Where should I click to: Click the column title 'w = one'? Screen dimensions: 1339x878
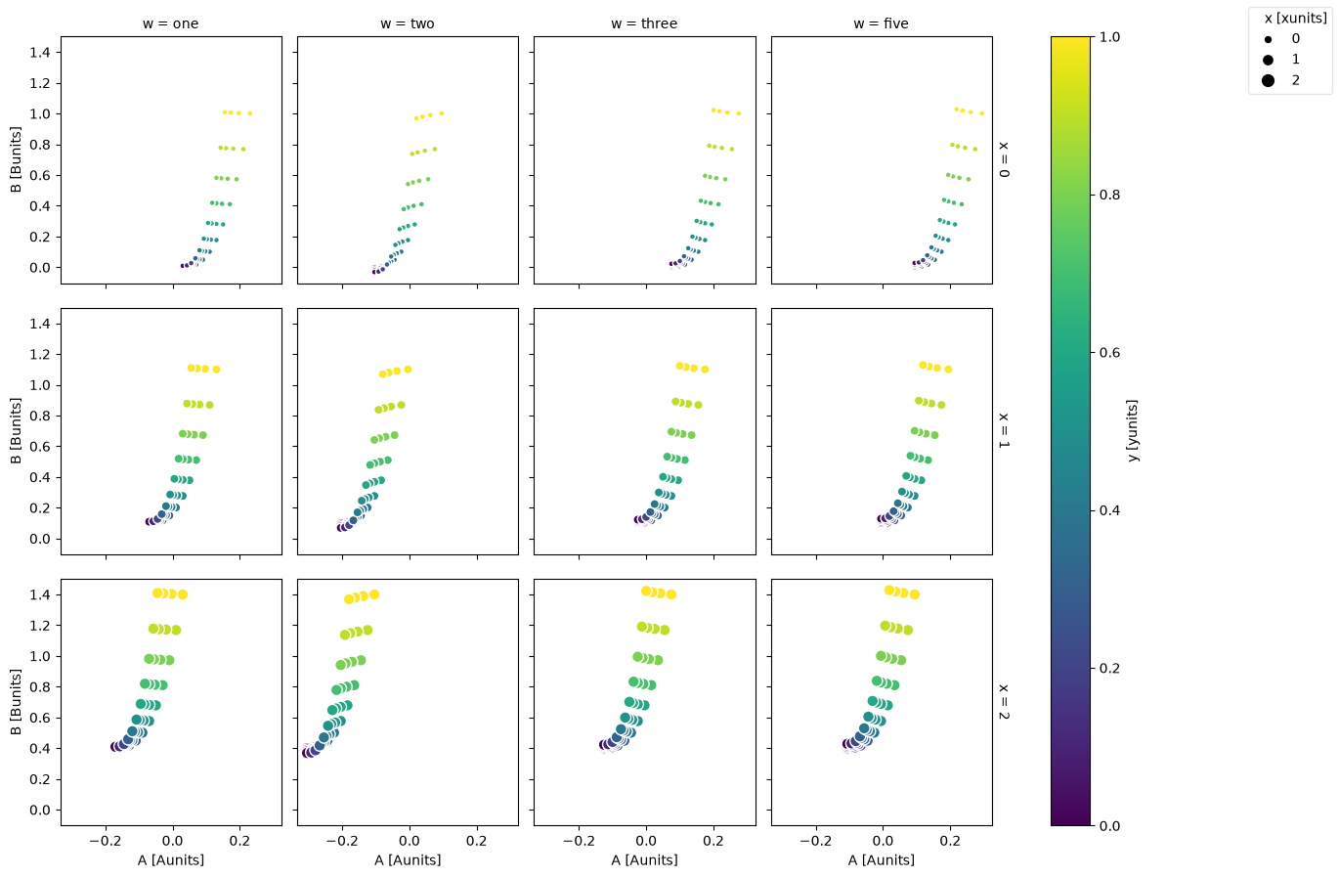click(x=170, y=23)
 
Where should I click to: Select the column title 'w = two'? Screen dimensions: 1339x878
click(x=408, y=23)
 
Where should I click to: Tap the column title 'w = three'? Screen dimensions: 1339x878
click(x=644, y=23)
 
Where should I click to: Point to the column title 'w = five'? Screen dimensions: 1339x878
click(x=881, y=23)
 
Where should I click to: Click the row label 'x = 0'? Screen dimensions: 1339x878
click(x=1005, y=159)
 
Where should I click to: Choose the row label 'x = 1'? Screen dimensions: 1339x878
click(x=1005, y=431)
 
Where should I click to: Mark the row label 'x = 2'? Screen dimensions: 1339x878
click(x=1005, y=702)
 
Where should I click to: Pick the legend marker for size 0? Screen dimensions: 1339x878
click(x=1268, y=39)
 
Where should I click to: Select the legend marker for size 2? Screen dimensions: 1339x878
click(x=1268, y=80)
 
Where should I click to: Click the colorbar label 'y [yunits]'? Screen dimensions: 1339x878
click(x=1133, y=430)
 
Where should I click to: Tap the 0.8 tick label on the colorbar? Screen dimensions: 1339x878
click(x=1109, y=195)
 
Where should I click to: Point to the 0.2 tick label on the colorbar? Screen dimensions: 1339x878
click(x=1109, y=668)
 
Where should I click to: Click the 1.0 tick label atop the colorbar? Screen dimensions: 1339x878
click(x=1109, y=37)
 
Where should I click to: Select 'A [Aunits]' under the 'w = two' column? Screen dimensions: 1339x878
click(x=408, y=860)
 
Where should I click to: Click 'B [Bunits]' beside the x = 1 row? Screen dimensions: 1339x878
click(x=17, y=430)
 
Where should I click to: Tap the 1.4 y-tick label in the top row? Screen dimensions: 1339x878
click(x=41, y=53)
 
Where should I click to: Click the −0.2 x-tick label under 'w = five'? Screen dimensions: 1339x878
click(x=816, y=841)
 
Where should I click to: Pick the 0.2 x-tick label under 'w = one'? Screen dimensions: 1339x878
click(x=239, y=841)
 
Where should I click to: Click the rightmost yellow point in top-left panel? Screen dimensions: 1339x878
click(x=250, y=113)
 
